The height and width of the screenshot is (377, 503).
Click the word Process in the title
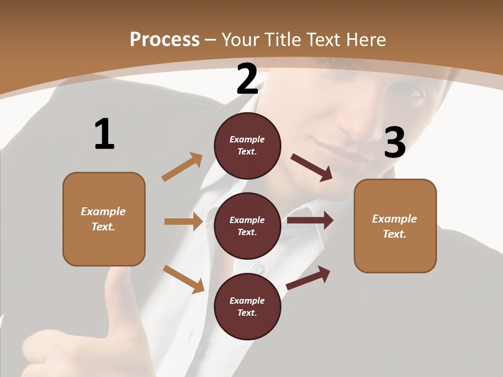[165, 40]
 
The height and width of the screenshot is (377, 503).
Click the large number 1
[104, 134]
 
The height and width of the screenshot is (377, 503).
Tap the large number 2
[247, 79]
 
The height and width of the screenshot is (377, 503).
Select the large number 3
[395, 142]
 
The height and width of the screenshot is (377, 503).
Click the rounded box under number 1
[104, 219]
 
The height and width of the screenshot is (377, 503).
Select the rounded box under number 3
[395, 226]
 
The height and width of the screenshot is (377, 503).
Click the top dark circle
[247, 146]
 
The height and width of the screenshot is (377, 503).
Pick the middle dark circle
[247, 226]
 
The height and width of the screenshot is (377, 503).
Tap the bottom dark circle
[247, 306]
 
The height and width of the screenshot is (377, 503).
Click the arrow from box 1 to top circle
[182, 167]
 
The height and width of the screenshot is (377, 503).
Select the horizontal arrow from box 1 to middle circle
[183, 221]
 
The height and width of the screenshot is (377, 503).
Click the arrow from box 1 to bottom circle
[183, 279]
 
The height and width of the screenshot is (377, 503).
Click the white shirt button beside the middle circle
[256, 268]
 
